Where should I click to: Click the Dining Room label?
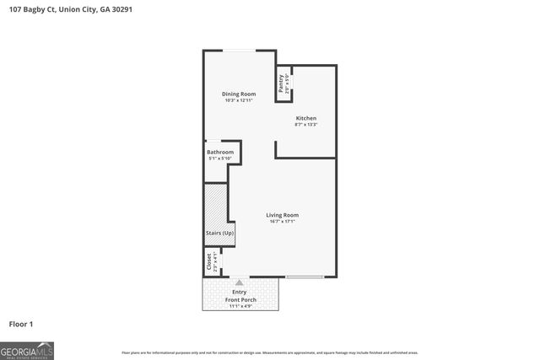point(239,94)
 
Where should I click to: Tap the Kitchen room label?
point(305,117)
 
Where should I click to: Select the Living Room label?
point(283,215)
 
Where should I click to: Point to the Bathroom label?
point(220,152)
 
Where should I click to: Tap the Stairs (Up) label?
point(219,233)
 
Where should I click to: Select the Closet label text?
point(208,262)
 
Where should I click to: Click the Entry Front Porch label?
point(240,296)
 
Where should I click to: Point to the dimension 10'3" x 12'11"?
point(239,101)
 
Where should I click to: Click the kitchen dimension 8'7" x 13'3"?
point(305,125)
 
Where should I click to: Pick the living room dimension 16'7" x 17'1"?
point(283,223)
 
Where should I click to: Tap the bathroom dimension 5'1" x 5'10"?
point(220,159)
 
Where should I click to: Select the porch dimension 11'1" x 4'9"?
point(240,307)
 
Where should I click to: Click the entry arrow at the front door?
point(240,282)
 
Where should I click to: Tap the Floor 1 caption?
point(21,324)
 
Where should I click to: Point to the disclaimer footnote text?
point(270,352)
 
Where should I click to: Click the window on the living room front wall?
point(305,277)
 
